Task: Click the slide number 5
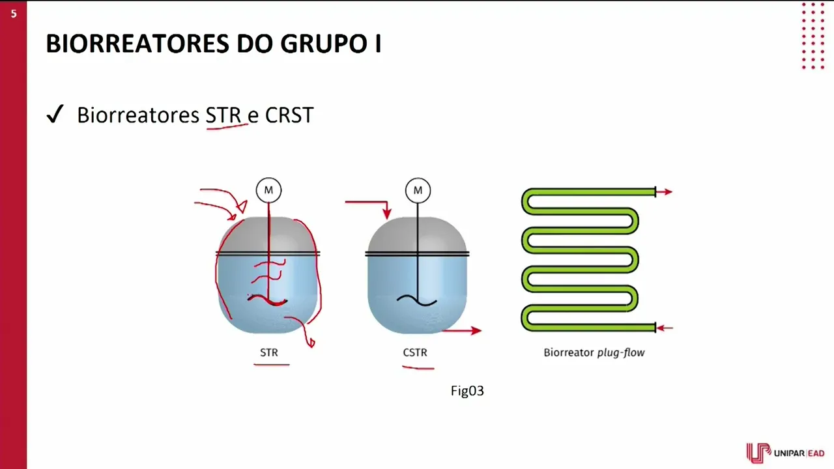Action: point(13,13)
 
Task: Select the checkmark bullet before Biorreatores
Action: point(55,115)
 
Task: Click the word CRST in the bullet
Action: point(289,115)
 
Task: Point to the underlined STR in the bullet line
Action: point(223,115)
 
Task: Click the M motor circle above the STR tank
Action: point(268,190)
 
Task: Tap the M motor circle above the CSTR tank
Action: point(418,190)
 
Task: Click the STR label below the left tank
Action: point(269,352)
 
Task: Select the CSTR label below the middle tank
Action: point(415,352)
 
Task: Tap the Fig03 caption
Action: point(467,391)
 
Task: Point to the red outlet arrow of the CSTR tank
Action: point(463,331)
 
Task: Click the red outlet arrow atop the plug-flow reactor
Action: point(665,192)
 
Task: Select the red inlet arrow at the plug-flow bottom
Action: point(665,328)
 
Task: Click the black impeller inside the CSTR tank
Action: point(417,300)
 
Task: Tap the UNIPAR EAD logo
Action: point(785,453)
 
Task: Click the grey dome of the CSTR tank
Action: point(417,234)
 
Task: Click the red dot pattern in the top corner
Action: point(812,36)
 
